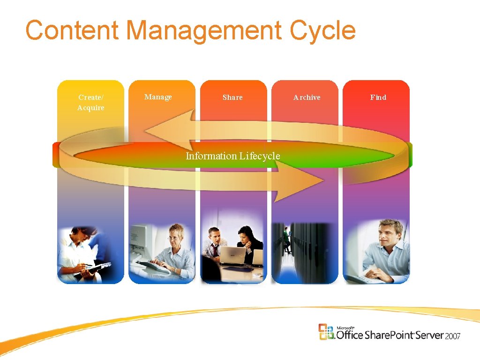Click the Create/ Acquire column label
(x=91, y=103)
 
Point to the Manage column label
(x=158, y=97)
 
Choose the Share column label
(x=232, y=97)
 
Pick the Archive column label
(x=307, y=97)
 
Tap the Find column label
(x=378, y=97)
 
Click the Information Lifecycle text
(x=232, y=156)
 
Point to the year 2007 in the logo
(x=453, y=336)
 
